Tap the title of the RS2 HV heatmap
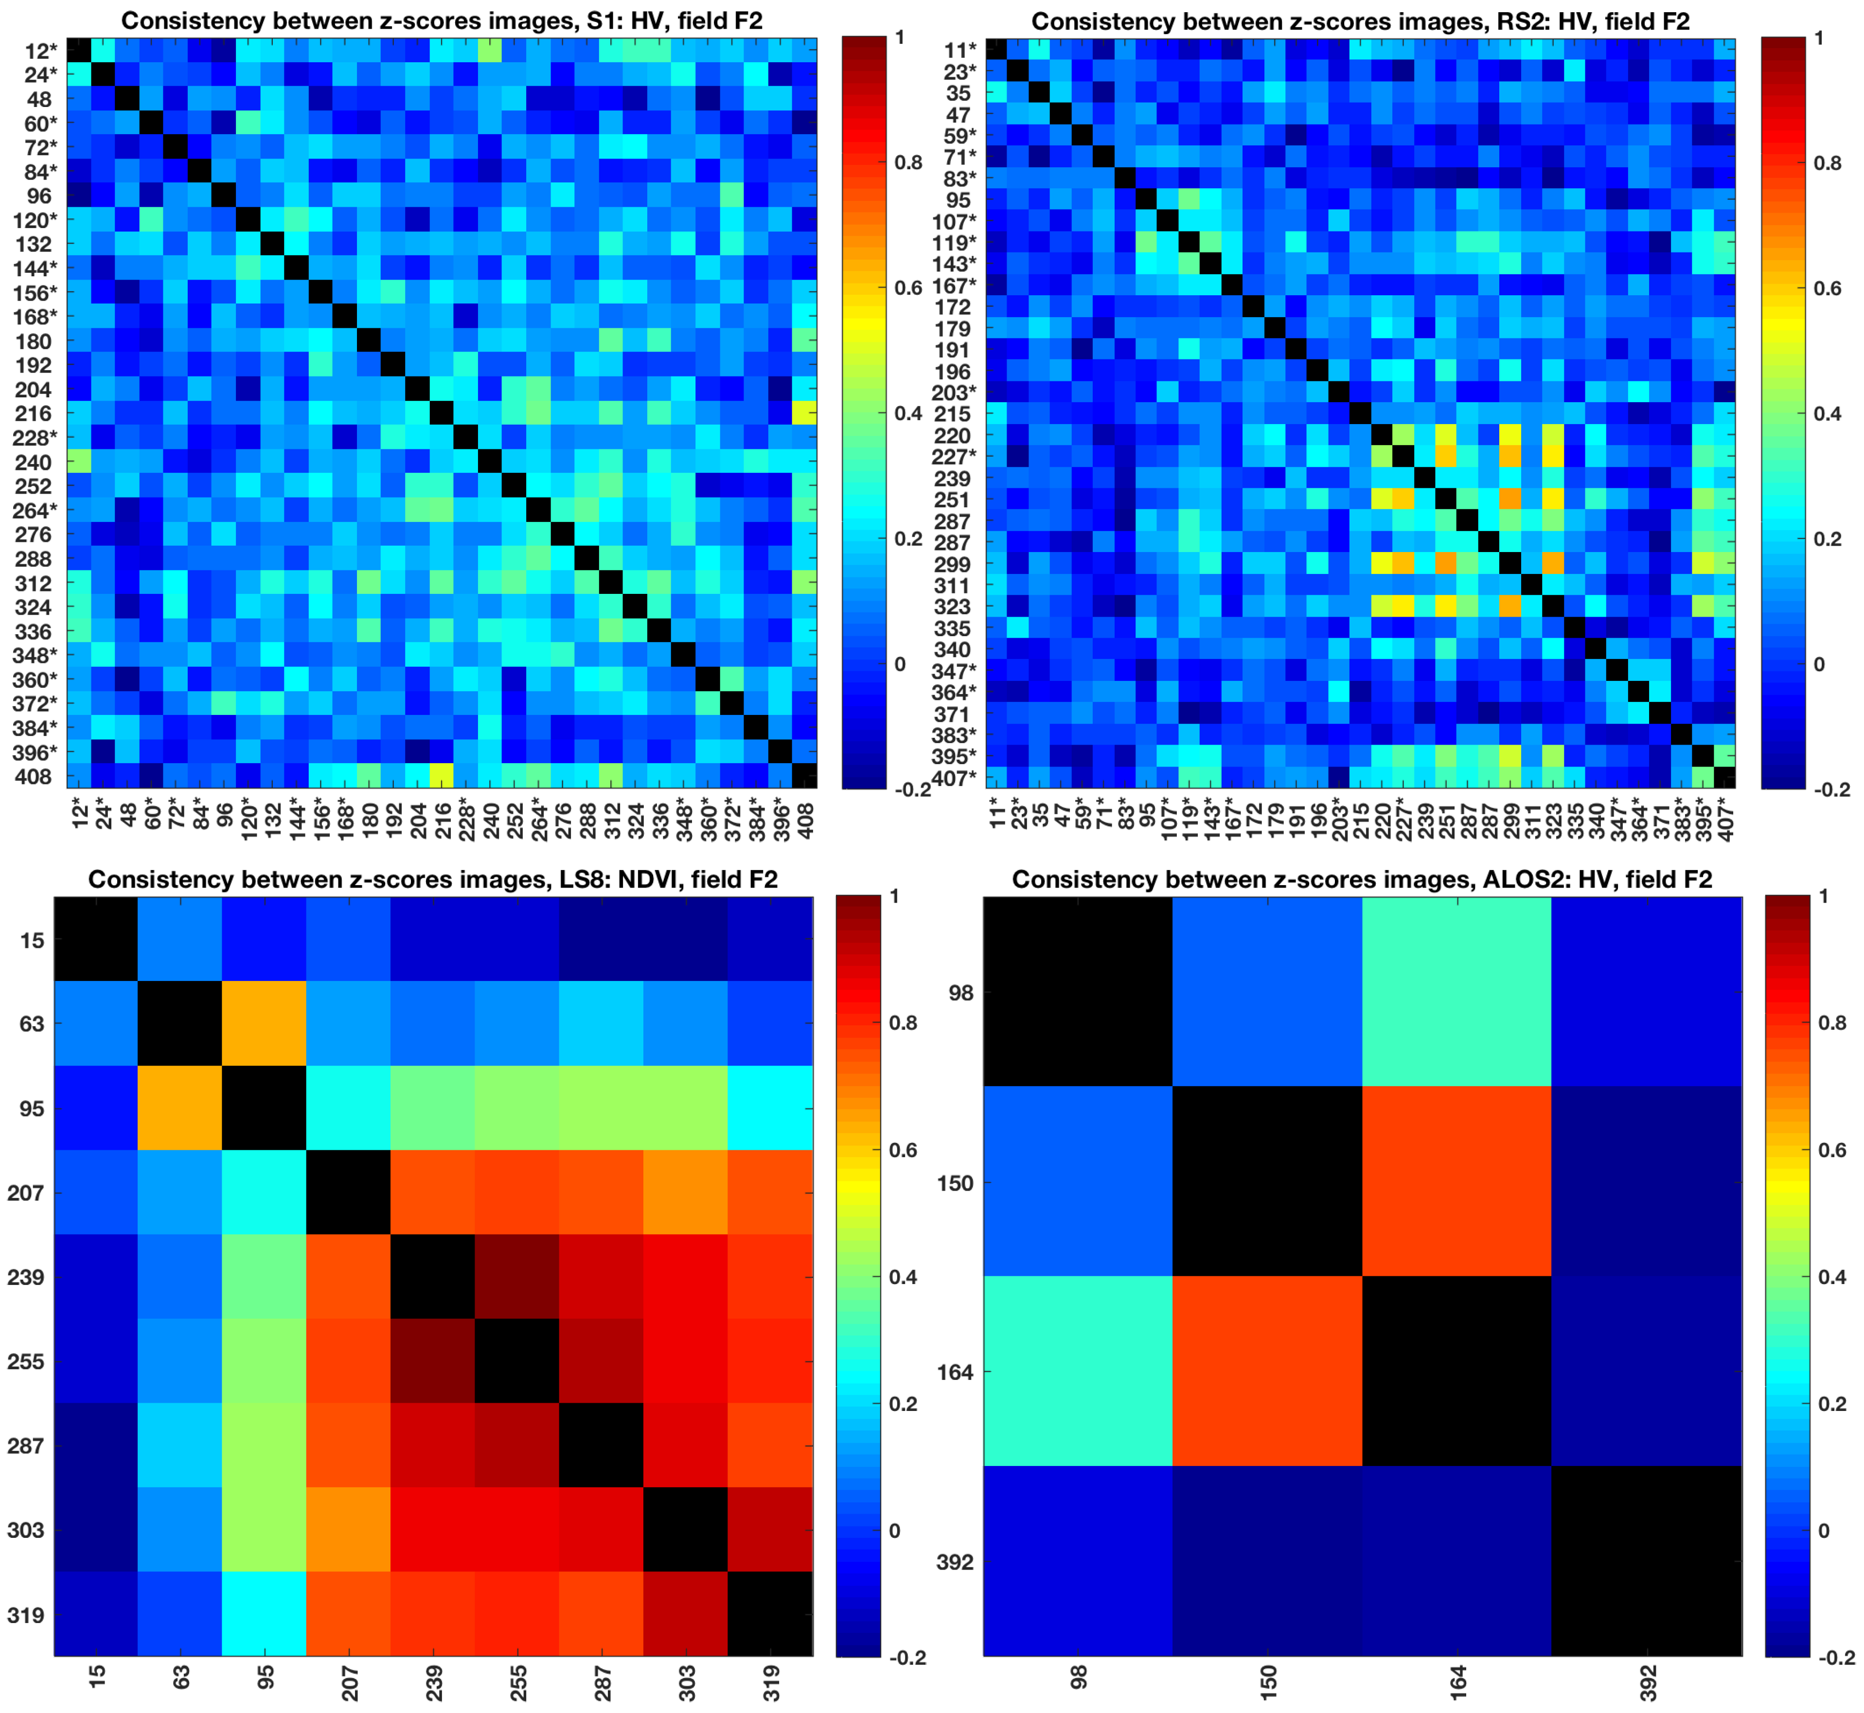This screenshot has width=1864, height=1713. click(x=1360, y=20)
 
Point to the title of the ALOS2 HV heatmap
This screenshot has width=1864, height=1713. click(x=1362, y=879)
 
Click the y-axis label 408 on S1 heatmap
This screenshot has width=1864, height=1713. click(x=34, y=777)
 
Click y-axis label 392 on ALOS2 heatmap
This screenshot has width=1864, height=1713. click(x=956, y=1562)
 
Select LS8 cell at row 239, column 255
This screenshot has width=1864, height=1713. click(x=517, y=1276)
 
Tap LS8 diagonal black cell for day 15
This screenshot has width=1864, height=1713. click(x=95, y=939)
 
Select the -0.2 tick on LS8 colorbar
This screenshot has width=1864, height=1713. click(x=906, y=1658)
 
